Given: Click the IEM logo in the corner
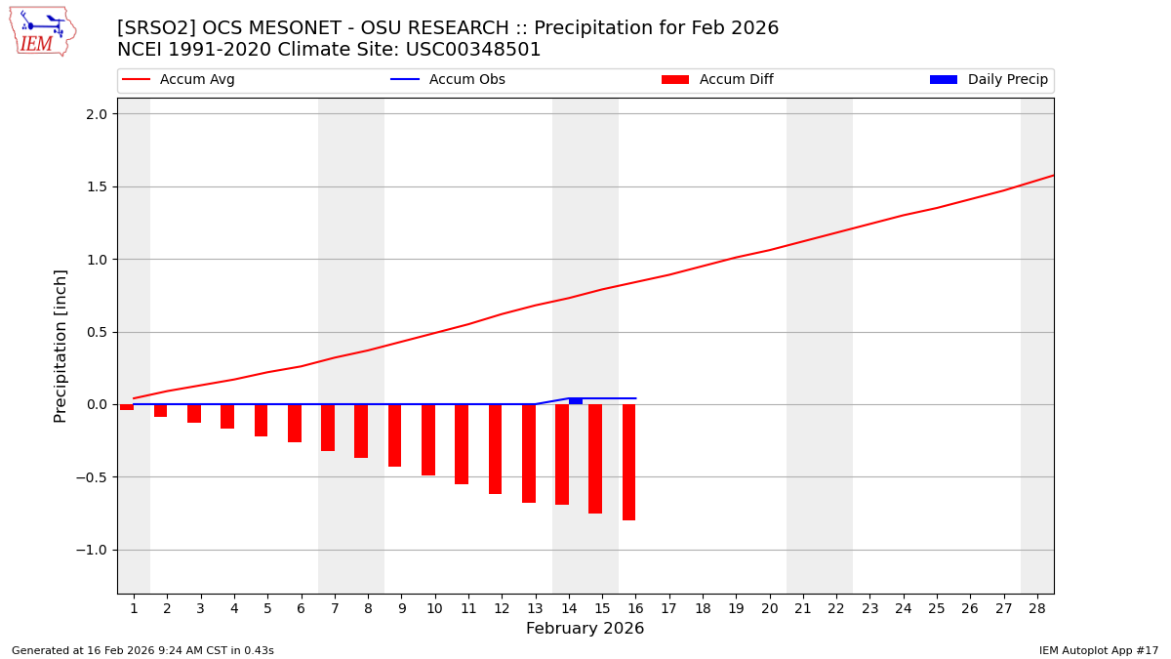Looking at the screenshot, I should pos(42,31).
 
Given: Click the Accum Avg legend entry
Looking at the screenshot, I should pos(179,80).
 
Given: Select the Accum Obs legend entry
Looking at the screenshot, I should pos(448,80).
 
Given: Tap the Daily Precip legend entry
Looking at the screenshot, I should pos(989,80).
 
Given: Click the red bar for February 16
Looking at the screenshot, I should pos(629,462).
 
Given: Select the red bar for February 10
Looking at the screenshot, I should pos(428,439).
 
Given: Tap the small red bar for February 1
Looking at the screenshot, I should pos(127,407).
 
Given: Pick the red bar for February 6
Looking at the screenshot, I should pos(295,423).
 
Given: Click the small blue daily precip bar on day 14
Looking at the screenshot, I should pos(576,401).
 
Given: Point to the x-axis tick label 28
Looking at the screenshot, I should pos(1037,608).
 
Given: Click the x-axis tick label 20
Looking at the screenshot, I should pos(769,608).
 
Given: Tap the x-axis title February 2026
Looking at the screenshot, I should pos(585,629).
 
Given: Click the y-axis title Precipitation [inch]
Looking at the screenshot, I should pos(61,346).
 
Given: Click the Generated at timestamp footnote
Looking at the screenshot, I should pos(142,650).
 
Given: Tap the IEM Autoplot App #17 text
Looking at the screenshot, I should pos(1098,650).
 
